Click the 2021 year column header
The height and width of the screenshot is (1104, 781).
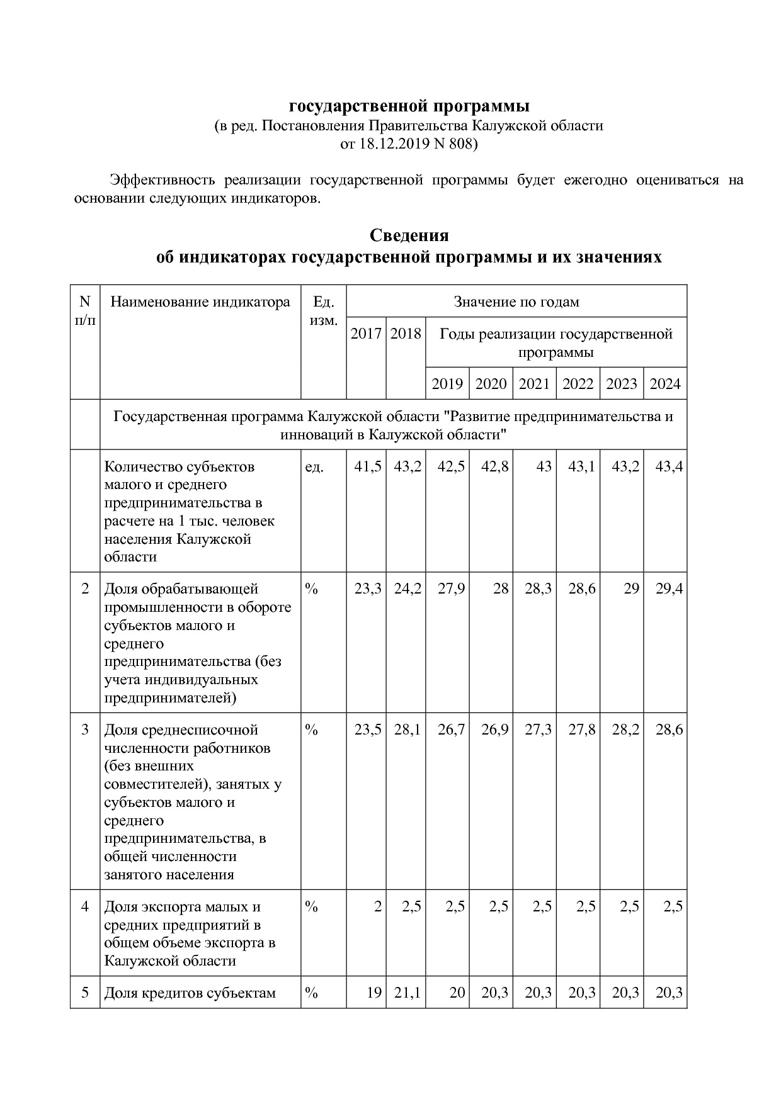(x=534, y=384)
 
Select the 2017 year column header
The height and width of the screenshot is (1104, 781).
(x=366, y=334)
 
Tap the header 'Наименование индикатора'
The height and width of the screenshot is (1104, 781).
(x=200, y=302)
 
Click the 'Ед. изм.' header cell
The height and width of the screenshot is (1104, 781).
(x=324, y=311)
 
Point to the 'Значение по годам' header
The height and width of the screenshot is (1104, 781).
(x=516, y=302)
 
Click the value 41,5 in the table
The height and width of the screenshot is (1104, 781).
(x=368, y=467)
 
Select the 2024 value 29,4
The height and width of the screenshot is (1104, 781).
(x=669, y=589)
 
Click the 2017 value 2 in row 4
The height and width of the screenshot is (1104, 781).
(x=377, y=907)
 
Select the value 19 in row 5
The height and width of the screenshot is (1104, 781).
(x=374, y=993)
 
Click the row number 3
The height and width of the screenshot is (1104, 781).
(x=86, y=730)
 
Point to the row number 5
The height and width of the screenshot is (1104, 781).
(x=86, y=993)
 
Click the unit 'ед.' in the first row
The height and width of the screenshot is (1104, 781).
(x=314, y=467)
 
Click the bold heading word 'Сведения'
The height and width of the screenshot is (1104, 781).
(x=409, y=235)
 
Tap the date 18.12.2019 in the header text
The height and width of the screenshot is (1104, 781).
(x=393, y=144)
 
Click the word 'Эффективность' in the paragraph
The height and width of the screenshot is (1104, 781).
(x=161, y=180)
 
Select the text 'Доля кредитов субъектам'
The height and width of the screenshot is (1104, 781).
(x=190, y=993)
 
